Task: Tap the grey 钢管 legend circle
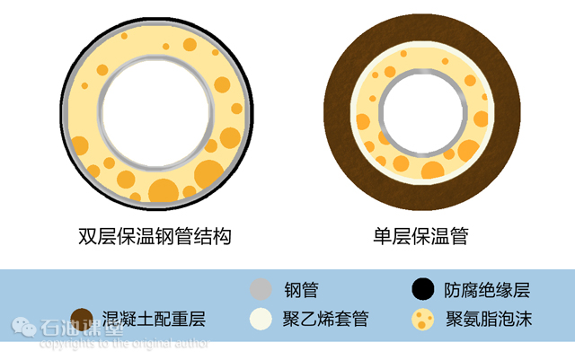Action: point(261,289)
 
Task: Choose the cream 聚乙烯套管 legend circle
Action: point(261,318)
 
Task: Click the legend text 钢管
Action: point(301,290)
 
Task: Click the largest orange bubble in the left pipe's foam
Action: point(164,189)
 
